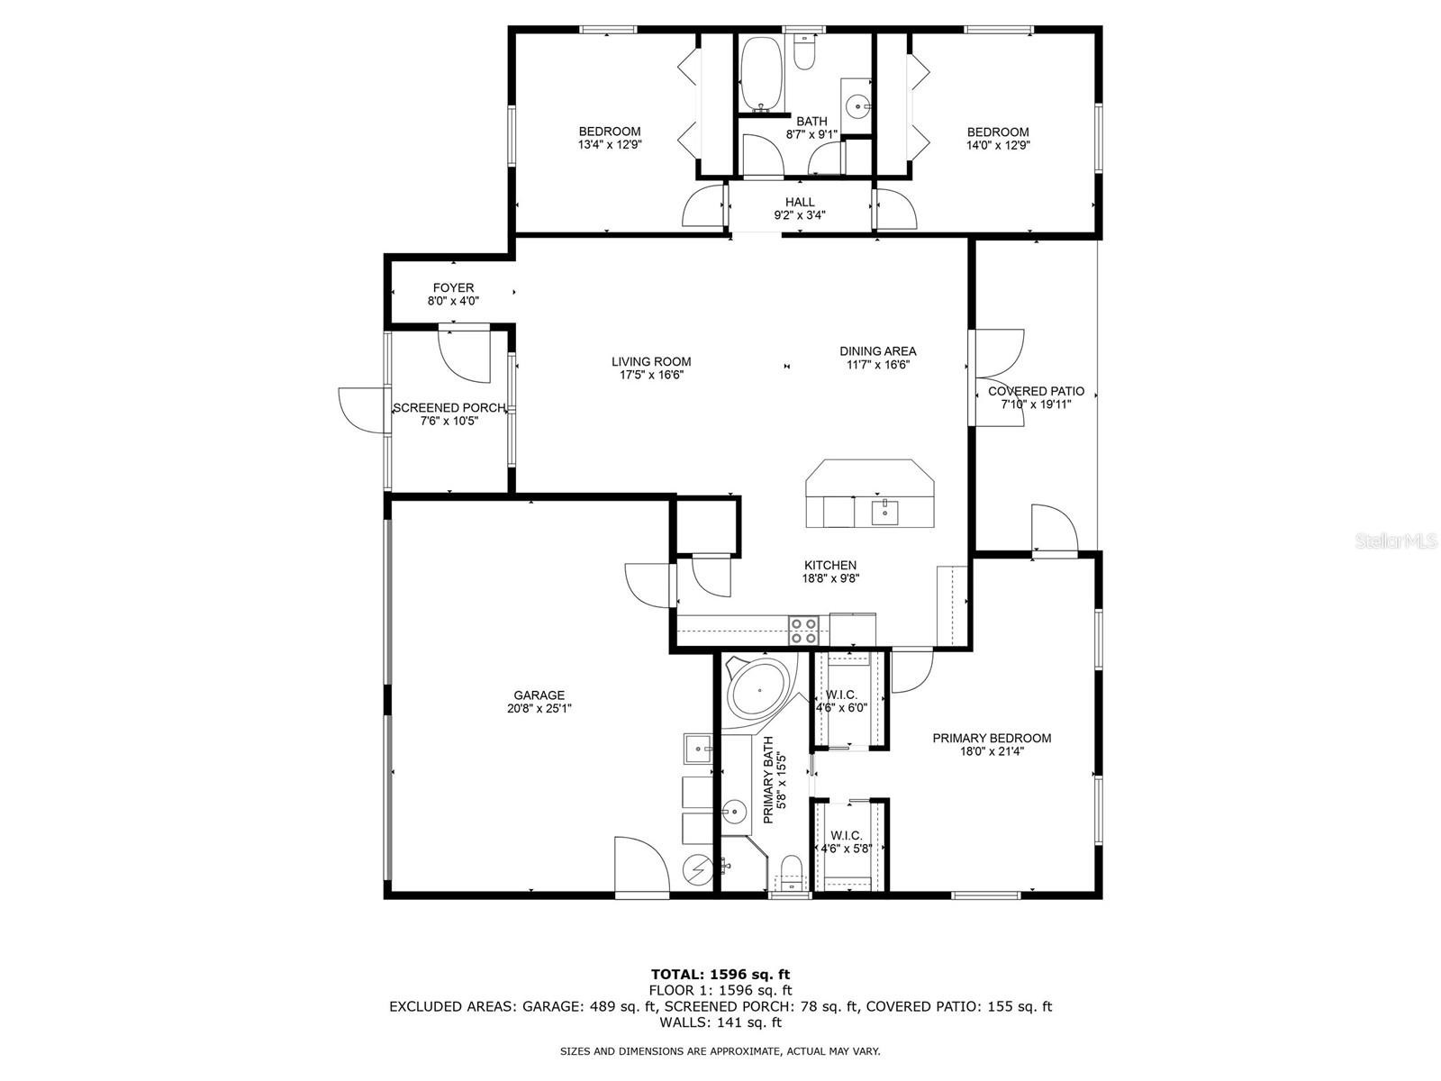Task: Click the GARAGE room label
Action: point(539,695)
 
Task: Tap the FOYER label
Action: point(453,287)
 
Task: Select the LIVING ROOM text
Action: point(650,361)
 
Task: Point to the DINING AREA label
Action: point(878,351)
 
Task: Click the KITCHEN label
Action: point(830,565)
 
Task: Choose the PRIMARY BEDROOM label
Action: point(992,738)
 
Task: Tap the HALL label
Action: point(800,202)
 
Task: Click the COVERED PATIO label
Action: point(1036,391)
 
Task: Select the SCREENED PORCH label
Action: point(449,407)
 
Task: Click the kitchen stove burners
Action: point(803,630)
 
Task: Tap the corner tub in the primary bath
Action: point(759,690)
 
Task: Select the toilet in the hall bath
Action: point(804,51)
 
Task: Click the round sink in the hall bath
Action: point(857,105)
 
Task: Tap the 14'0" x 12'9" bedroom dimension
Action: point(998,145)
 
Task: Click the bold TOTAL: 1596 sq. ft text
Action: point(720,974)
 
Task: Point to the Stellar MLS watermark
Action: point(1396,541)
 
